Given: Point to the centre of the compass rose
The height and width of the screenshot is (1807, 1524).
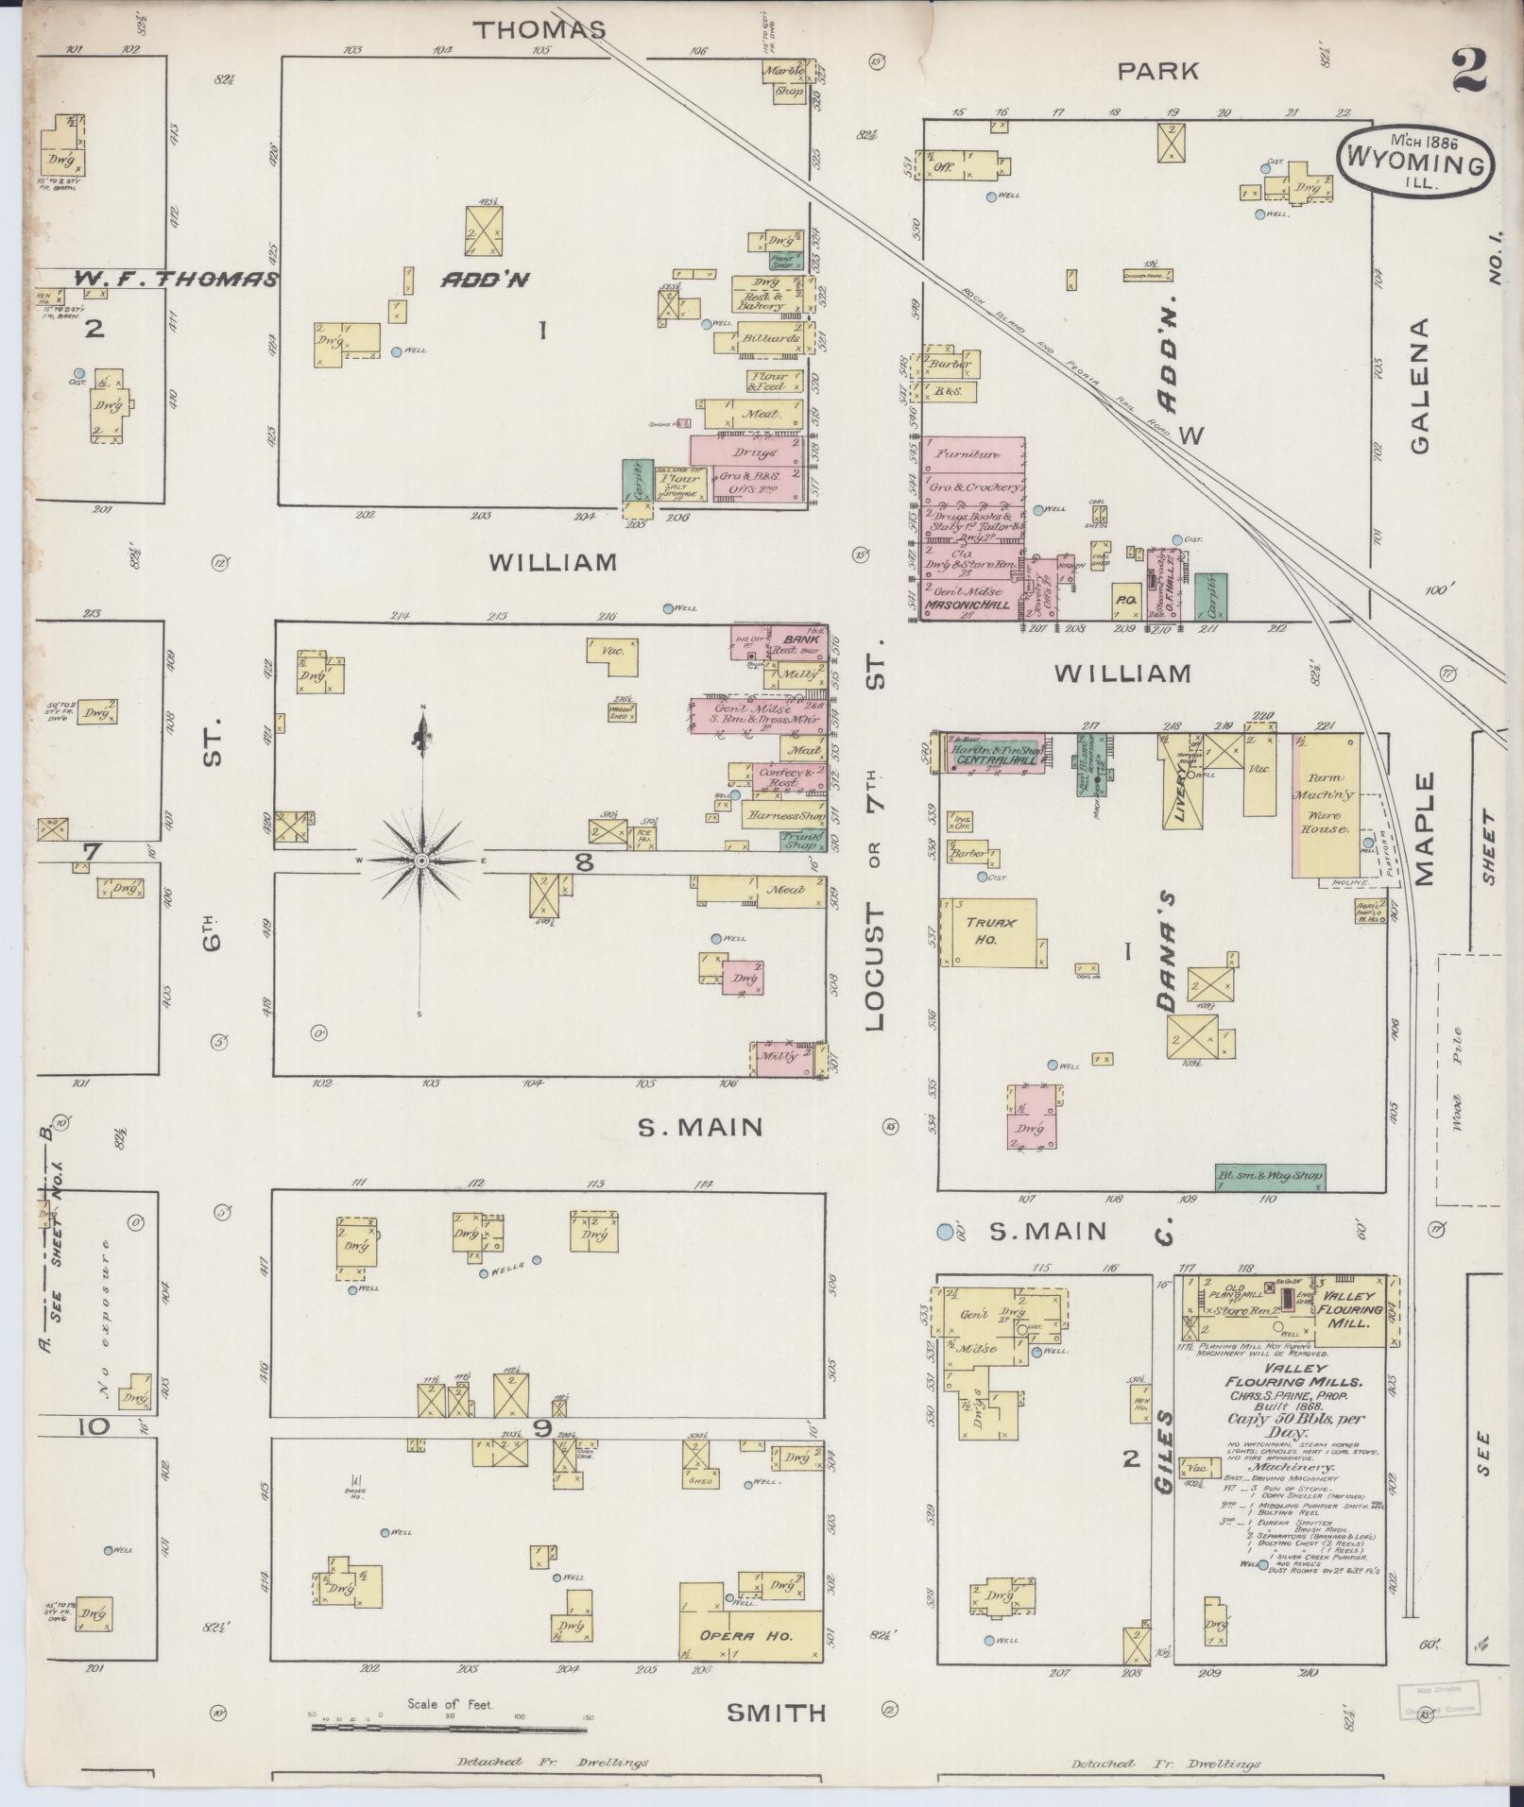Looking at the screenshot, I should click(x=421, y=861).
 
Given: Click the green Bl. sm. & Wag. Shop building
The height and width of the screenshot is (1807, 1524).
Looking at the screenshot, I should click(x=1270, y=1177).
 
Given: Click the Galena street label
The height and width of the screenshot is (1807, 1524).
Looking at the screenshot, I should click(x=1420, y=385).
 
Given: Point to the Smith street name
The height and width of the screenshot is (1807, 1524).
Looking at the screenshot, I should click(x=776, y=1712).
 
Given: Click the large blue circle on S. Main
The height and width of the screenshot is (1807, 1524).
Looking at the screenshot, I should click(x=943, y=1232).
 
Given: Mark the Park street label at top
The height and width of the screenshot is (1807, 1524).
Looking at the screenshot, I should click(x=1157, y=70).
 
